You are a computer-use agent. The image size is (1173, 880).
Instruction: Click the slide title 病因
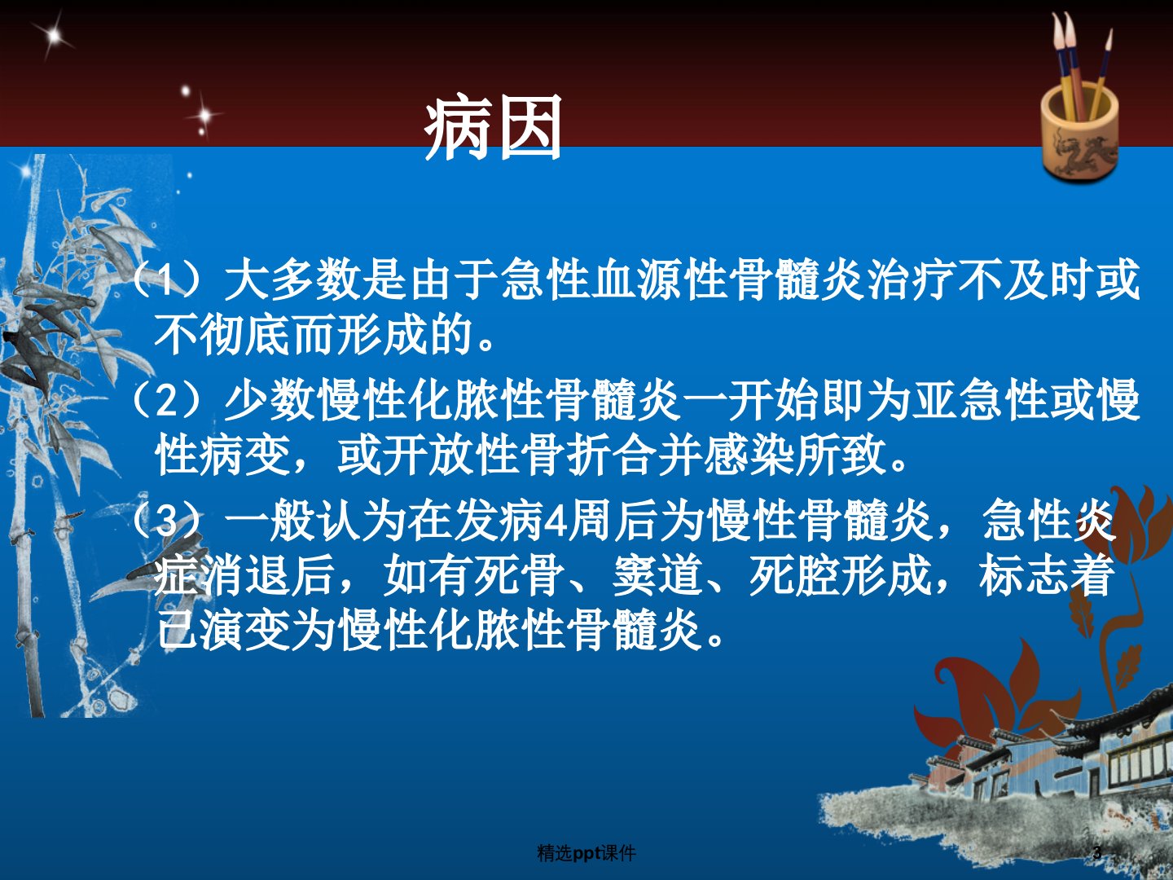(x=494, y=127)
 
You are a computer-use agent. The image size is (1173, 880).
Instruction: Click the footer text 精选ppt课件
(x=586, y=853)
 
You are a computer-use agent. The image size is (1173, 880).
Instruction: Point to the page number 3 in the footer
(x=1097, y=852)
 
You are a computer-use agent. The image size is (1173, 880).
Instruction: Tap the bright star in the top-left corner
(x=54, y=35)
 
